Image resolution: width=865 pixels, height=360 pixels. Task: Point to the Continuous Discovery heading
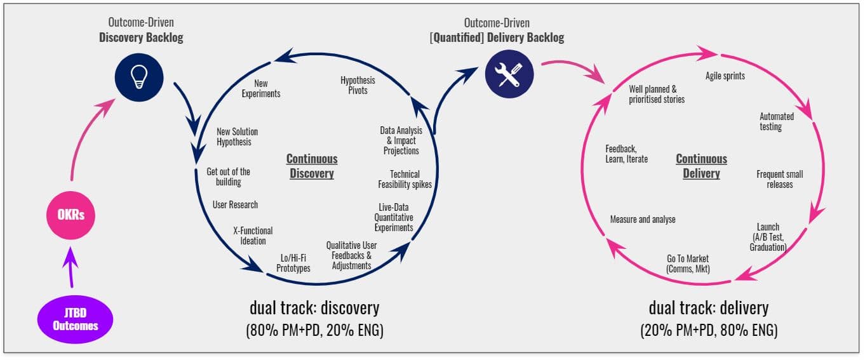click(x=312, y=166)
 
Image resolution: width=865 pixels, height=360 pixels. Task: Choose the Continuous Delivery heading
click(x=701, y=166)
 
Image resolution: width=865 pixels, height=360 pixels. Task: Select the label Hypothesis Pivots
click(x=358, y=85)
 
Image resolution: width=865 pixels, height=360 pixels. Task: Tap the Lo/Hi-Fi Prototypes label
click(x=293, y=263)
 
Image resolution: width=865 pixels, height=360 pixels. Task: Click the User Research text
click(x=235, y=205)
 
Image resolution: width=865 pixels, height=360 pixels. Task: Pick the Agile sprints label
click(x=725, y=76)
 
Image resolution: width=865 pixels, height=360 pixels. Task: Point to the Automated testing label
click(x=777, y=121)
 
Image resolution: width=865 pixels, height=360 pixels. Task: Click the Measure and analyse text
click(x=643, y=220)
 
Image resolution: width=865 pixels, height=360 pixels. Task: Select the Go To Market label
click(x=688, y=263)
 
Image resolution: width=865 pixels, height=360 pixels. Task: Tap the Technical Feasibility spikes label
click(x=405, y=179)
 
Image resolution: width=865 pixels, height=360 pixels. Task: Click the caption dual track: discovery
click(x=314, y=309)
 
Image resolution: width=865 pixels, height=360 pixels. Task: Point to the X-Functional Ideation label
click(x=253, y=236)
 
